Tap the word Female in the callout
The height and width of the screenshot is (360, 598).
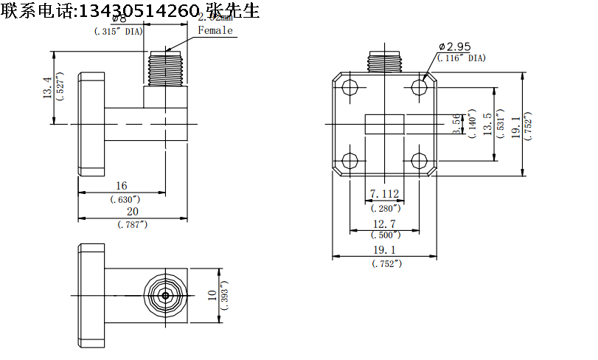pos(215,30)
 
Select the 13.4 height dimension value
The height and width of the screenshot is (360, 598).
pos(47,88)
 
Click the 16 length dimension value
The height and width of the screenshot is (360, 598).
pos(122,186)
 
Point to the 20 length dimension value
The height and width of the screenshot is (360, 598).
pos(133,212)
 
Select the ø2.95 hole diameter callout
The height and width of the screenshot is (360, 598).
pos(455,46)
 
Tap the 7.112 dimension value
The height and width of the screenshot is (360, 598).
pos(384,194)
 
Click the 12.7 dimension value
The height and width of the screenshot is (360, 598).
pos(385,224)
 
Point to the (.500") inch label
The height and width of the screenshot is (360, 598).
pos(385,235)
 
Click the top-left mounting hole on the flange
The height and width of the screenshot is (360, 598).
pos(351,87)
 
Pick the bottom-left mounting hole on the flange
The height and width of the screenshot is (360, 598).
pos(351,160)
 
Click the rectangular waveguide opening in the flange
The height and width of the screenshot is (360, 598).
pos(386,124)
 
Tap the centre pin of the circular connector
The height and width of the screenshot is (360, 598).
pos(166,295)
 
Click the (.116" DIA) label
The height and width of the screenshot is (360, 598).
pos(462,58)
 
